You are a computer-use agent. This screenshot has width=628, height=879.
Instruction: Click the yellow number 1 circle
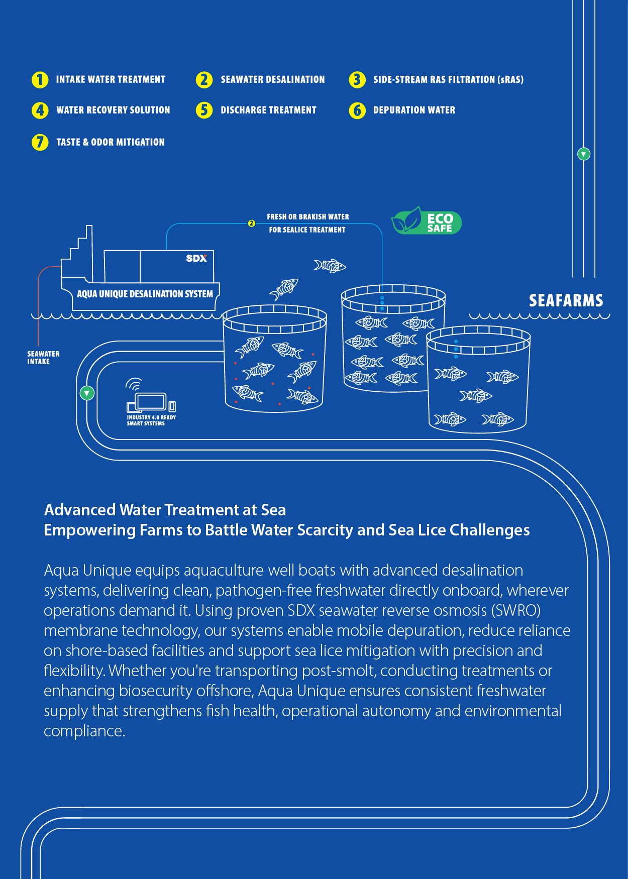pyautogui.click(x=40, y=80)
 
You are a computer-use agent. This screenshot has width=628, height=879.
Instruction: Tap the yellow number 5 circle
pyautogui.click(x=204, y=110)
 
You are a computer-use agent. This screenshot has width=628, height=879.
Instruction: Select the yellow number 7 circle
pyautogui.click(x=40, y=142)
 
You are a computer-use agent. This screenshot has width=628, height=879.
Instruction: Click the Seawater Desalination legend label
pyautogui.click(x=272, y=80)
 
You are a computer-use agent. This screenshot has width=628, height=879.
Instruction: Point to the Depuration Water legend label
pyautogui.click(x=414, y=110)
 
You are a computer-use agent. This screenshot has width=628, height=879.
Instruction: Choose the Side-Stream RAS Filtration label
pyautogui.click(x=448, y=80)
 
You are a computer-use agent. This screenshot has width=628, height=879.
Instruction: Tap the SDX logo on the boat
pyautogui.click(x=196, y=258)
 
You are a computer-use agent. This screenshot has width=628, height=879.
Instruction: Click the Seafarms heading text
pyautogui.click(x=566, y=300)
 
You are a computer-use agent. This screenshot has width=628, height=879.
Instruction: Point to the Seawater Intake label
pyautogui.click(x=43, y=358)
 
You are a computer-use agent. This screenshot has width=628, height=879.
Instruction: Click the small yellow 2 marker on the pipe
pyautogui.click(x=252, y=224)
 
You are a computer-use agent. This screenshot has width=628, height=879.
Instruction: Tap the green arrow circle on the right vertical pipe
pyautogui.click(x=583, y=154)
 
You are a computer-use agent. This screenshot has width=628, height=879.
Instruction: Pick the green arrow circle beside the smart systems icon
pyautogui.click(x=87, y=393)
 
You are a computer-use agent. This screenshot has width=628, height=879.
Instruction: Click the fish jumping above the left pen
pyautogui.click(x=284, y=288)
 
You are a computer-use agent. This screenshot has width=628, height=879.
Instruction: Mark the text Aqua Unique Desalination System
pyautogui.click(x=145, y=294)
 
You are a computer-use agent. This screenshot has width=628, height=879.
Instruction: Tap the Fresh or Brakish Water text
pyautogui.click(x=307, y=217)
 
